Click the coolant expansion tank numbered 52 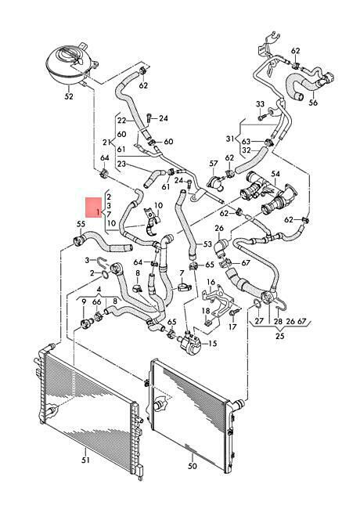[x=69, y=66]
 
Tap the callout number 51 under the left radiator [x=85, y=460]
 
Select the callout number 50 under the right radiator [x=192, y=466]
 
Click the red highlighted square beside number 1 [x=94, y=208]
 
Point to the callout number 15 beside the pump [x=212, y=343]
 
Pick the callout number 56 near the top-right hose [x=313, y=103]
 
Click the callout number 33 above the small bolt [x=261, y=104]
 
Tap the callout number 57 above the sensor [x=214, y=164]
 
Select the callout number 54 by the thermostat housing [x=275, y=175]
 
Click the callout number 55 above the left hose [x=81, y=224]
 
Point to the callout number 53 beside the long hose [x=207, y=244]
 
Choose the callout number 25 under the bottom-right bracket [x=279, y=336]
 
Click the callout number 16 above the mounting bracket [x=211, y=283]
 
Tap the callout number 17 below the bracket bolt [x=232, y=327]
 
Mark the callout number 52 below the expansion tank [x=69, y=96]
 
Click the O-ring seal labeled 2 [x=105, y=275]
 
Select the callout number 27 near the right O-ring [x=259, y=321]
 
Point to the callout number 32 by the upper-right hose [x=247, y=150]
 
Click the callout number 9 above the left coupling [x=84, y=302]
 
